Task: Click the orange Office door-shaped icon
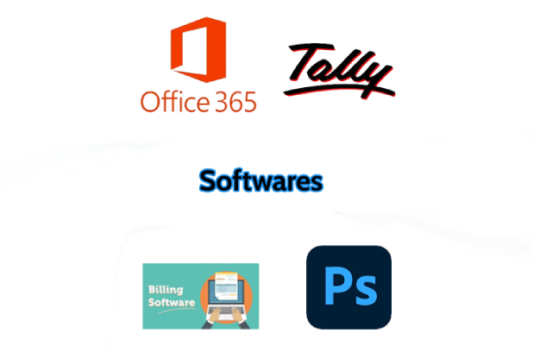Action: pos(198,49)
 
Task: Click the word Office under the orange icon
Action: pos(175,101)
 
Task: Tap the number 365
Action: pos(235,102)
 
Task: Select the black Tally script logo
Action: pos(339,70)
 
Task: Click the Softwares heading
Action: pos(261,180)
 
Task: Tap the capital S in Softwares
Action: pos(208,180)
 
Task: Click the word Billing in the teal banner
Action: pos(166,290)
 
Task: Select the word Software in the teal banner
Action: pos(172,302)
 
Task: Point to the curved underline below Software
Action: pos(177,310)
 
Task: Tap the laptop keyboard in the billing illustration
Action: pos(226,310)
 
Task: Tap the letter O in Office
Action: pos(151,102)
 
